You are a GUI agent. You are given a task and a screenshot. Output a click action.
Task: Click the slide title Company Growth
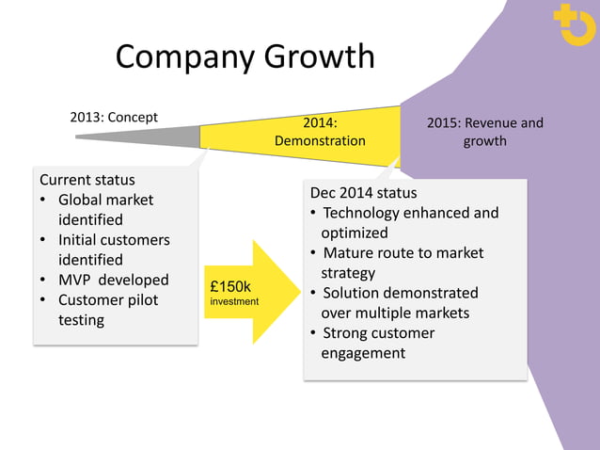245,58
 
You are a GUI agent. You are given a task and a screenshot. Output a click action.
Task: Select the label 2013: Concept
114,118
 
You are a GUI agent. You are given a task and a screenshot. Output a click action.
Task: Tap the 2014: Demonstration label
319,132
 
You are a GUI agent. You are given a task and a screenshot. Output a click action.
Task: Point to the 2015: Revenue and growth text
484,132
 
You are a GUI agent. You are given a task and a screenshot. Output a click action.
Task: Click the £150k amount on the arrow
230,286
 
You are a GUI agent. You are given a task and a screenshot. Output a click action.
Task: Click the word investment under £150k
234,302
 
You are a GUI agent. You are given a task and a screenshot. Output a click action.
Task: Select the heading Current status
87,179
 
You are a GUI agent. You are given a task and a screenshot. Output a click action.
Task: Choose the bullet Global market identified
105,209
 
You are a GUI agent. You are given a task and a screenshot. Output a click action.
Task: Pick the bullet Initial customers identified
113,249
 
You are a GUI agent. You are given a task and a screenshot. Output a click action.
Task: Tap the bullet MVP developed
113,280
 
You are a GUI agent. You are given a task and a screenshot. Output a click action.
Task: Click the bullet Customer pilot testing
108,310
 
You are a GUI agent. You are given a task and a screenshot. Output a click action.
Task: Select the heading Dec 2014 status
363,193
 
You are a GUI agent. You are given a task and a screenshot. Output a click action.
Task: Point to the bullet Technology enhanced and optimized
409,222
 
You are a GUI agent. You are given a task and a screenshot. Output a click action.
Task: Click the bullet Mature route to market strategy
403,263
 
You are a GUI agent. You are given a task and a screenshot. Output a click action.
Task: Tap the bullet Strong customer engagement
378,343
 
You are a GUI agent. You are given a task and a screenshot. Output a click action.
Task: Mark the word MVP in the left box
75,280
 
